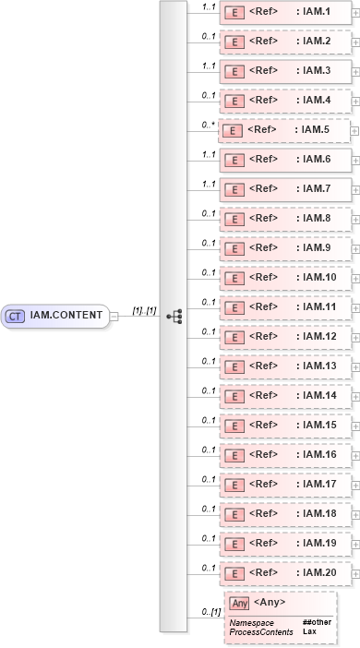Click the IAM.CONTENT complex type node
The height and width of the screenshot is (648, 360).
57,316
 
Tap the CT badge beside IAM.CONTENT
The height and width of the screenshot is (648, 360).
16,316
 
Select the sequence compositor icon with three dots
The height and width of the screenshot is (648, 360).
173,316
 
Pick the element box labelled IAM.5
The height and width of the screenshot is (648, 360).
284,130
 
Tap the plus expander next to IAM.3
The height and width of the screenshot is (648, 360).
356,71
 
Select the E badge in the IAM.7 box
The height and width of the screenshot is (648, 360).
234,189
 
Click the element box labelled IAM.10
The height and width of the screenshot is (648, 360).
284,278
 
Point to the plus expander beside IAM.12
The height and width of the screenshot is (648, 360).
356,337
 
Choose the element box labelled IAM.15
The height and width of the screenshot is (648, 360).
284,426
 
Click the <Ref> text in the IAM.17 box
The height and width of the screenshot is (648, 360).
264,485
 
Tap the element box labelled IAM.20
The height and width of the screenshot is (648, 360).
284,573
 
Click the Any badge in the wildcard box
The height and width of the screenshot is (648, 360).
240,603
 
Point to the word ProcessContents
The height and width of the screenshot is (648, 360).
261,631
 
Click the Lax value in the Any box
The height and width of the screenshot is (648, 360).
309,631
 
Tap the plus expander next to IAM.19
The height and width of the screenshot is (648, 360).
356,544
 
